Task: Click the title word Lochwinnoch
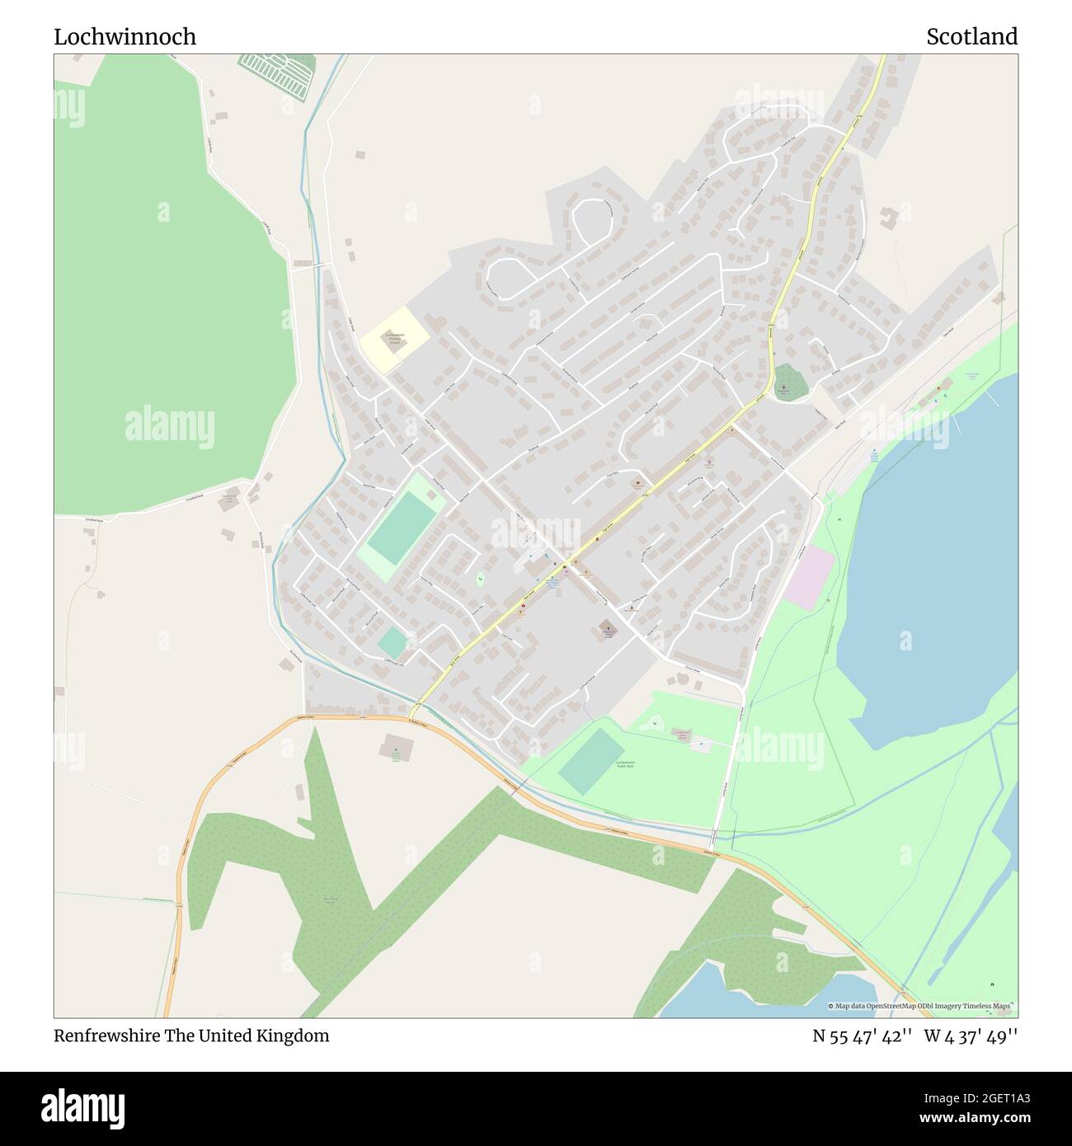click(x=125, y=36)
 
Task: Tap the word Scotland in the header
click(x=971, y=36)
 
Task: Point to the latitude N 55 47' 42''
click(x=862, y=1036)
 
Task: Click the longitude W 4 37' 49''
click(x=971, y=1036)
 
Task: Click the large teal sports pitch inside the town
click(x=402, y=527)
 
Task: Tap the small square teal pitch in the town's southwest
click(x=393, y=642)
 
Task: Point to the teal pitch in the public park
click(x=591, y=761)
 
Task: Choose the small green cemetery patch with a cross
click(x=789, y=383)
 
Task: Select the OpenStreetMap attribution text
click(x=921, y=1006)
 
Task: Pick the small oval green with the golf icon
click(x=479, y=579)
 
